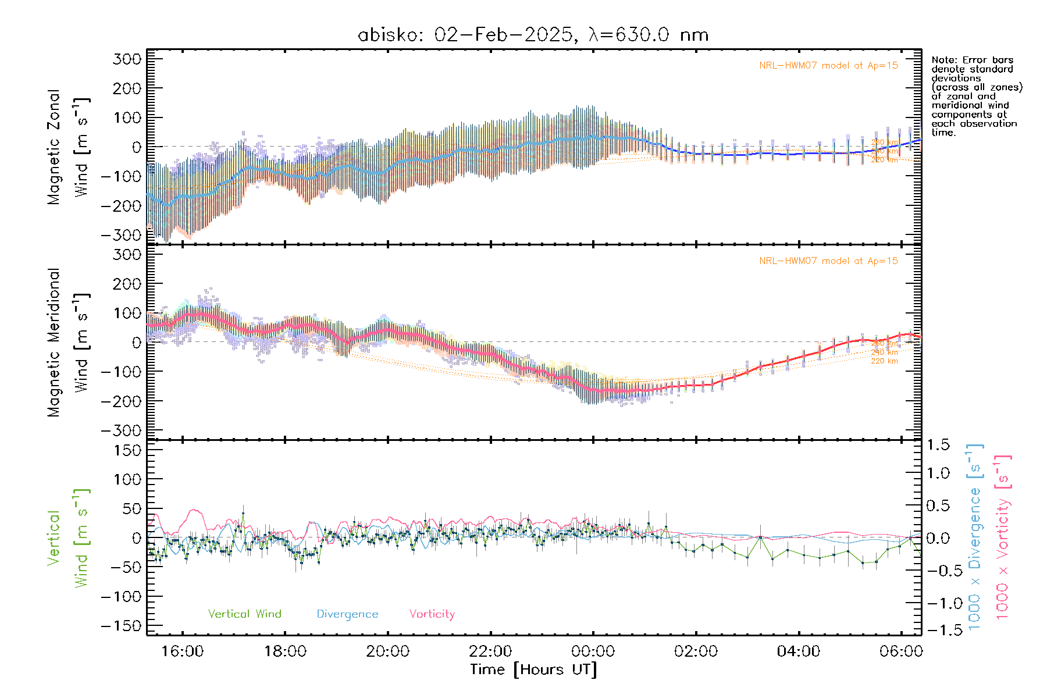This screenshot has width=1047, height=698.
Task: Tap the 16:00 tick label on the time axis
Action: pyautogui.click(x=183, y=651)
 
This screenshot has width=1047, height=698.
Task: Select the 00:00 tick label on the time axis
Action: pyautogui.click(x=593, y=651)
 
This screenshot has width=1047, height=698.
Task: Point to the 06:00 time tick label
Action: pyautogui.click(x=901, y=651)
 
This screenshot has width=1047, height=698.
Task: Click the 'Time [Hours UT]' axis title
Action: pyautogui.click(x=533, y=669)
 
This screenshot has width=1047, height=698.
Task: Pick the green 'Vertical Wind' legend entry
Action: pyautogui.click(x=244, y=614)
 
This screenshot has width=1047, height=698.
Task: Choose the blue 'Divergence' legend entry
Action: pyautogui.click(x=347, y=614)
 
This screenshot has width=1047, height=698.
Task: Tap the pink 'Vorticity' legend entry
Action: pyautogui.click(x=432, y=614)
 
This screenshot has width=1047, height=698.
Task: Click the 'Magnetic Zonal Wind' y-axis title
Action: pyautogui.click(x=67, y=147)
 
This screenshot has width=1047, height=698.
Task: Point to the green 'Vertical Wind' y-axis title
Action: pyautogui.click(x=67, y=538)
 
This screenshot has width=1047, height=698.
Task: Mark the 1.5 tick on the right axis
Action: pyautogui.click(x=938, y=445)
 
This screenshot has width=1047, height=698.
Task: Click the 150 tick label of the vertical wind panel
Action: pyautogui.click(x=127, y=450)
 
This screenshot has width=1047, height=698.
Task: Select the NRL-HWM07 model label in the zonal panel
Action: pyautogui.click(x=828, y=66)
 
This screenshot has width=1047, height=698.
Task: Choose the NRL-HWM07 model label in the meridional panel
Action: pyautogui.click(x=828, y=261)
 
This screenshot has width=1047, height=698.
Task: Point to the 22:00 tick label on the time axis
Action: pyautogui.click(x=490, y=651)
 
